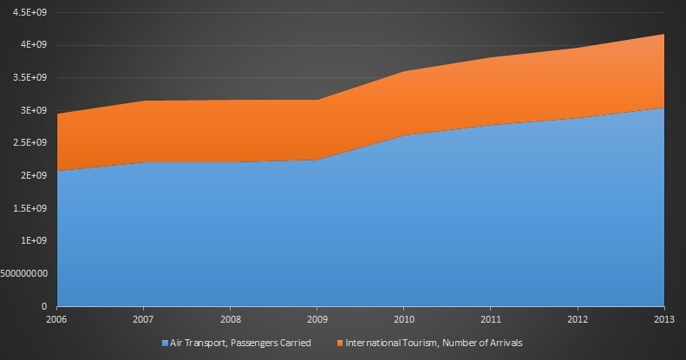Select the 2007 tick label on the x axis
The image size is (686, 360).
(x=144, y=318)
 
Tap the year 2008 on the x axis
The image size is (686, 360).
(x=231, y=318)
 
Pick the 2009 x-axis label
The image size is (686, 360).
(x=317, y=318)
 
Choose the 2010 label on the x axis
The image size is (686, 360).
(x=404, y=318)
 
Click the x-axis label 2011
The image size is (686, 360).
(x=491, y=318)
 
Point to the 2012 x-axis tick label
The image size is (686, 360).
(x=578, y=318)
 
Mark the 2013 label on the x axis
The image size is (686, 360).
(x=664, y=318)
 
